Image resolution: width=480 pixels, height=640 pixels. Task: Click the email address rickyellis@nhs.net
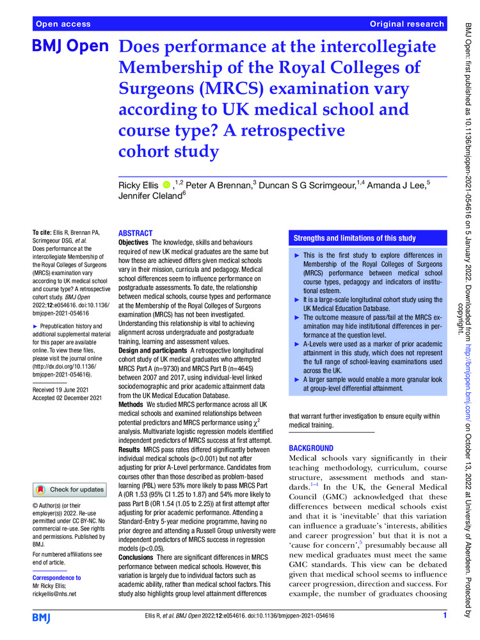point(53,594)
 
